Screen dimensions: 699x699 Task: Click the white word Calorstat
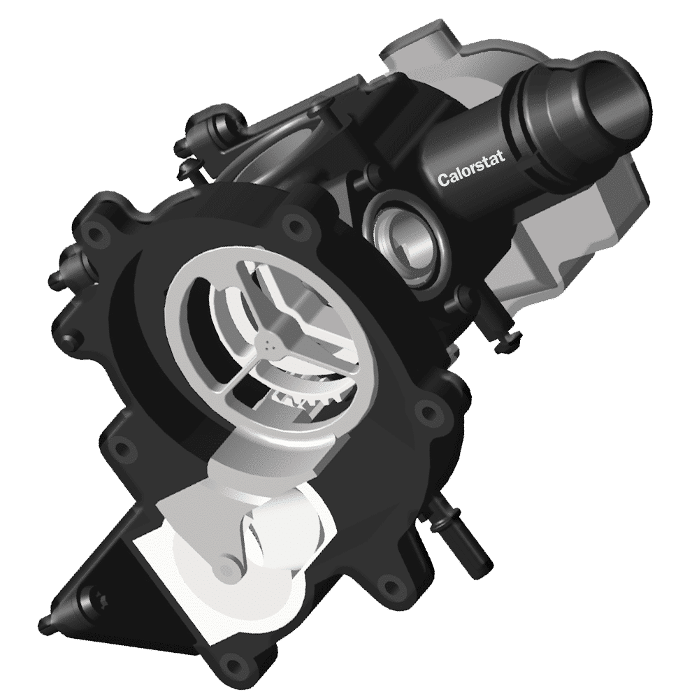coord(471,169)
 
